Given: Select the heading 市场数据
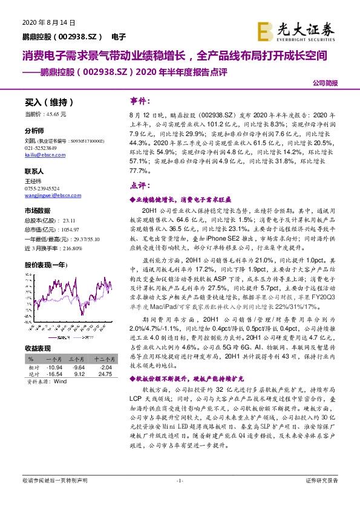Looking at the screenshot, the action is (37, 210).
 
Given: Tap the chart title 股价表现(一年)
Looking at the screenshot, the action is (45, 265).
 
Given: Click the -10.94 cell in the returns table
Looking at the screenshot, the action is (54, 366).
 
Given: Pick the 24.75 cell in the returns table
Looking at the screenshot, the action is (105, 375).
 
